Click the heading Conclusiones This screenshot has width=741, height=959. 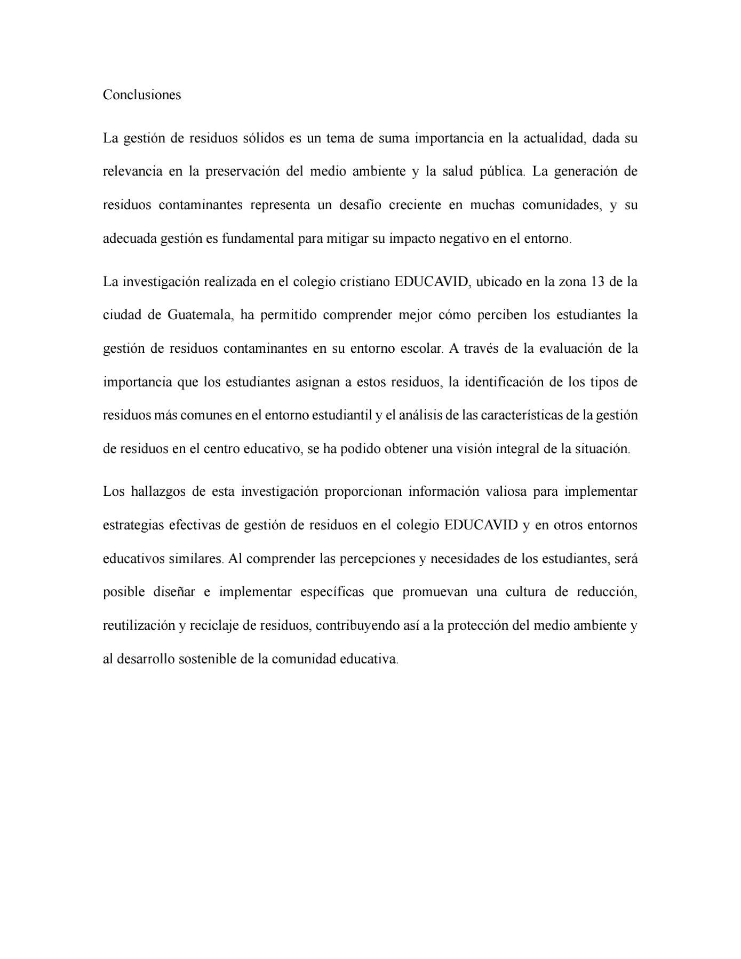(x=142, y=95)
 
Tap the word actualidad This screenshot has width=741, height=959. (x=554, y=138)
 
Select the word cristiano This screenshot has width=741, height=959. (x=364, y=281)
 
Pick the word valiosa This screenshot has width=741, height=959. (x=504, y=492)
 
